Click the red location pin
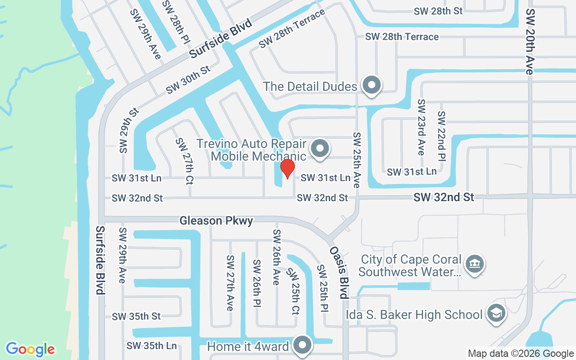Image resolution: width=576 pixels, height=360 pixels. click(x=287, y=169)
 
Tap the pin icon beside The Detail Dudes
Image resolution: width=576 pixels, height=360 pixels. click(x=372, y=85)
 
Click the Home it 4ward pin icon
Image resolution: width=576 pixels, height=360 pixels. click(x=303, y=345)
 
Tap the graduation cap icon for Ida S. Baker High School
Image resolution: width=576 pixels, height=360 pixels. click(x=496, y=313)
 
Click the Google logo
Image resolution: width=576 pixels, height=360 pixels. click(x=31, y=349)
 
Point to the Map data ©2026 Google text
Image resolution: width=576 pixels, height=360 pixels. click(x=521, y=354)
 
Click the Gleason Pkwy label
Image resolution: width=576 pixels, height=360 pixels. click(x=216, y=220)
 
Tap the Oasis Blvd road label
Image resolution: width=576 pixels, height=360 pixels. click(x=339, y=273)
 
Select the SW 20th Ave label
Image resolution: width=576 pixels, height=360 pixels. click(x=530, y=41)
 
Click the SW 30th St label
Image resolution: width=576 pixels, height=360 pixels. click(x=188, y=80)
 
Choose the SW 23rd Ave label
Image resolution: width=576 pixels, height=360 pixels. click(x=421, y=127)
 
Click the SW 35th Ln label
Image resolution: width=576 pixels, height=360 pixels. click(x=152, y=346)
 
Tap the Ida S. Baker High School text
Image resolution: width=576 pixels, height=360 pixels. click(x=414, y=314)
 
